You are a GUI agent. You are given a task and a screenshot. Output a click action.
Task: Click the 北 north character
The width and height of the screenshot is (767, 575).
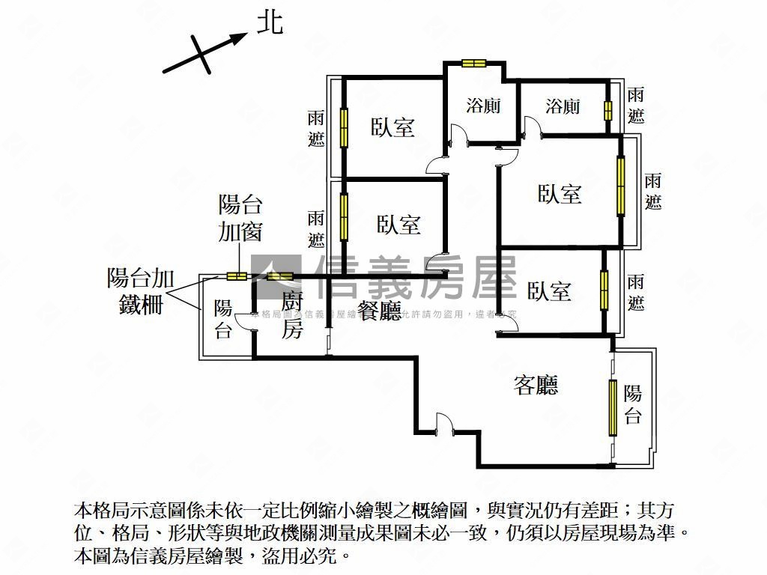[270, 22]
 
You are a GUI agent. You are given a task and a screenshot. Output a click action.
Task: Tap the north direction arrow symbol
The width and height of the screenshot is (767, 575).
[204, 53]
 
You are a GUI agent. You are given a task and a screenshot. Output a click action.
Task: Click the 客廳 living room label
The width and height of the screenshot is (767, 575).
[536, 385]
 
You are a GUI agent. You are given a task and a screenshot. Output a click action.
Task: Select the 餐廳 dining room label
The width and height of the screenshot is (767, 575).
[380, 310]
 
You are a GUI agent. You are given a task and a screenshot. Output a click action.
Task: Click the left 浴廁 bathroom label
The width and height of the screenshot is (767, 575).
[483, 106]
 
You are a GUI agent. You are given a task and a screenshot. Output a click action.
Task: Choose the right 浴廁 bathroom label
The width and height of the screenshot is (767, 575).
[563, 106]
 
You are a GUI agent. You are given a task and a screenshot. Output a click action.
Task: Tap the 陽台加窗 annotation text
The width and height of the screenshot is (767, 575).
[240, 218]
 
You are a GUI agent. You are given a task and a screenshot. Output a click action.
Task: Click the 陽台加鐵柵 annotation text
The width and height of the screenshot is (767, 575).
[142, 291]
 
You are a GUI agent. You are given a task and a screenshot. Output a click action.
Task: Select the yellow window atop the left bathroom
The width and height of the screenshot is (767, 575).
[473, 64]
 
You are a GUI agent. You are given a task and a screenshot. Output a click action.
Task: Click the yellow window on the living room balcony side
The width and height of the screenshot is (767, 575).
[612, 407]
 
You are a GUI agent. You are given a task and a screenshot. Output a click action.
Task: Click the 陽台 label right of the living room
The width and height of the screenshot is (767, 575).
[633, 404]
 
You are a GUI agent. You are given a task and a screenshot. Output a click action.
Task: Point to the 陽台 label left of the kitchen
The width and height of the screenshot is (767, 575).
[223, 319]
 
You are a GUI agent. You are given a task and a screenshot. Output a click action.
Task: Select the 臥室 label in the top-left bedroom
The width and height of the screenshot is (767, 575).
[393, 127]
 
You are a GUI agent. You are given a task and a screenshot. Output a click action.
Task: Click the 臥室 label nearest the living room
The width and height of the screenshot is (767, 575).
[549, 290]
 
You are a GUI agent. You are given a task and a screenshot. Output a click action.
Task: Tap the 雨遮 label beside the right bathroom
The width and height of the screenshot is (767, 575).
[636, 106]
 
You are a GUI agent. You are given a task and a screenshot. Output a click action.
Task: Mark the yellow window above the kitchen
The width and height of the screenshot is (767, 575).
[280, 276]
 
